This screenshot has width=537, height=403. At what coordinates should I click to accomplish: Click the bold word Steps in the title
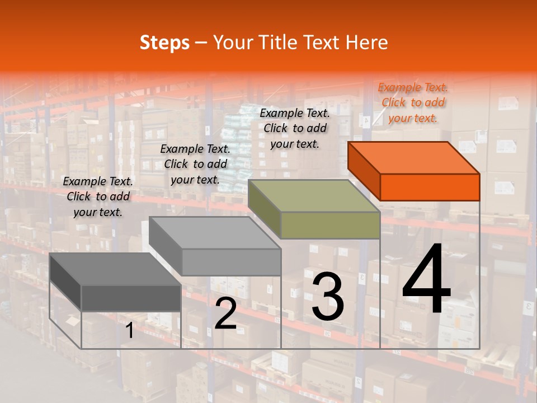point(164,43)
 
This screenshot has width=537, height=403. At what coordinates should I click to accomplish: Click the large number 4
point(426,279)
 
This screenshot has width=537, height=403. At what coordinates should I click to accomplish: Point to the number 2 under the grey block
point(225,313)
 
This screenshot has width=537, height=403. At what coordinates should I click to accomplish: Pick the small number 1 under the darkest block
point(130,331)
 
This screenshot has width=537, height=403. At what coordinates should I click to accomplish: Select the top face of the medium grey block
point(215,233)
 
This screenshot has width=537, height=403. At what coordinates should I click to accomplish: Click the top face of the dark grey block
point(115,269)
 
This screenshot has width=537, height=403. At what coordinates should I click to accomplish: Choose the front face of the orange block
point(430,187)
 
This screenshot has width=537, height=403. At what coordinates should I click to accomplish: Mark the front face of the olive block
point(330,226)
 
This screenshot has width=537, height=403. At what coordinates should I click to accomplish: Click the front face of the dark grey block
point(131,298)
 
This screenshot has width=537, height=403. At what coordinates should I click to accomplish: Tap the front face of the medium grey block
point(231,262)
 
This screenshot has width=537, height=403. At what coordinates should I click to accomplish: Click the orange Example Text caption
point(413,102)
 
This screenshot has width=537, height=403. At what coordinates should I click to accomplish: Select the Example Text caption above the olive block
point(295,128)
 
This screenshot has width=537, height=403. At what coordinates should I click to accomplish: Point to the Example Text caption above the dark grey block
point(98,196)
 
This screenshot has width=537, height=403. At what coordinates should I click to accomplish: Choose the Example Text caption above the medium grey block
point(195,164)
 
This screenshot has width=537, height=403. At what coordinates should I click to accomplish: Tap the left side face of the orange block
point(364,171)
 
